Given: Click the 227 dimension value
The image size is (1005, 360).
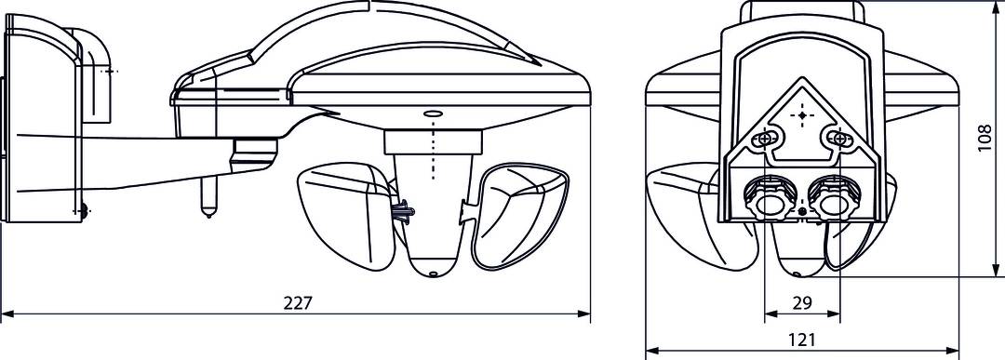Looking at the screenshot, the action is pyautogui.click(x=298, y=303).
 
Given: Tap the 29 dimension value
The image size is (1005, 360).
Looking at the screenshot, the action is pyautogui.click(x=801, y=303).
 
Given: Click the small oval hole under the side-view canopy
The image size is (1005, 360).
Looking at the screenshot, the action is pyautogui.click(x=432, y=114).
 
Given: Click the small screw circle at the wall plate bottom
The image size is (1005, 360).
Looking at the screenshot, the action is pyautogui.click(x=83, y=210).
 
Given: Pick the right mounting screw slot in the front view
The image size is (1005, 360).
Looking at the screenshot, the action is pyautogui.click(x=838, y=139).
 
